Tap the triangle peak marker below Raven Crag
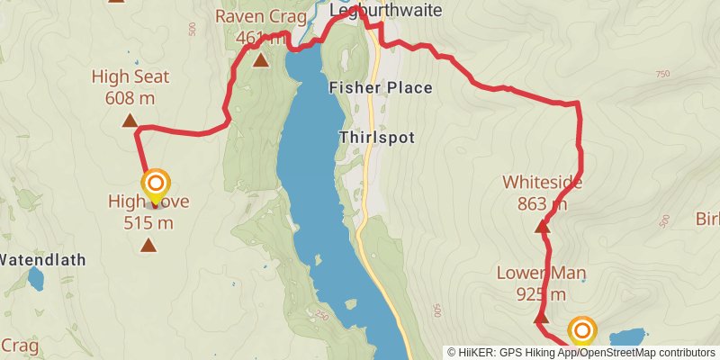260,60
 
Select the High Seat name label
130,77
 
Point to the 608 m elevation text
130,98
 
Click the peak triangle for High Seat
130,120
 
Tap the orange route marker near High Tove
155,183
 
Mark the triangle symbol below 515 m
148,244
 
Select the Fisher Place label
381,88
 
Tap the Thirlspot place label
376,138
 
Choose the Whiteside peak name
542,183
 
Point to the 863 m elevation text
542,203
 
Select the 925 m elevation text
541,293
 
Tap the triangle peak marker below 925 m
541,318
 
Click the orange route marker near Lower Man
582,329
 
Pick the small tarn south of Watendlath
35,282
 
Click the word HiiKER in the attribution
477,352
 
